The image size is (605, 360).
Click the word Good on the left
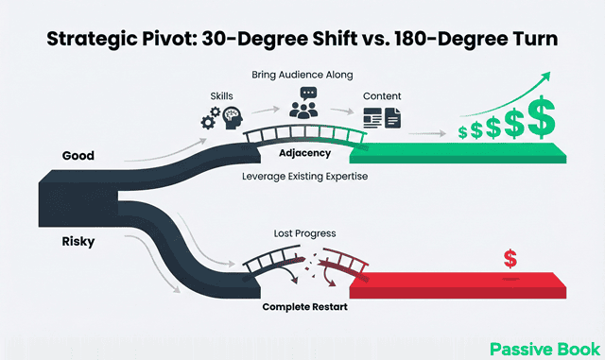pos(78,156)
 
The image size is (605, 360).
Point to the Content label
pos(381,96)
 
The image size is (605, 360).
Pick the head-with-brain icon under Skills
pos(233,118)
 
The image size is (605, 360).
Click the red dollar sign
pos(511,258)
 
